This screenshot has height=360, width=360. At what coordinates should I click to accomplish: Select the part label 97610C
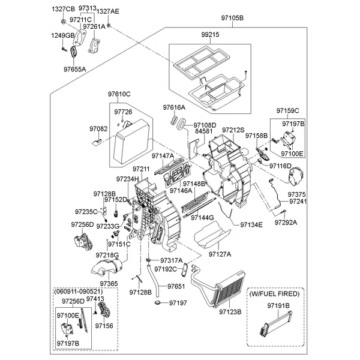pos(119,94)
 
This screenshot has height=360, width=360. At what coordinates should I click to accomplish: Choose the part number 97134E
pos(251,224)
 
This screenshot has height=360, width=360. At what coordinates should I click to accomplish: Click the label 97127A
pos(220,254)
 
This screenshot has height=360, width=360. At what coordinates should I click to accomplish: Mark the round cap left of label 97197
pos(158,304)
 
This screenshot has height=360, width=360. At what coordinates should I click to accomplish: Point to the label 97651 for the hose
pos(176,286)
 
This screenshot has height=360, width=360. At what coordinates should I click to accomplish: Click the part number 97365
pos(109,283)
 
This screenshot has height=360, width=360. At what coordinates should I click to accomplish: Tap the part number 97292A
pos(286,222)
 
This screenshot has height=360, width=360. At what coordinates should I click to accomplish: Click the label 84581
pos(203,131)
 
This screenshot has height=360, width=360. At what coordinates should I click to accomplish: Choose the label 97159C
pos(287,111)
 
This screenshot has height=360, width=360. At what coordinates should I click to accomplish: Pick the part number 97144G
pos(203,217)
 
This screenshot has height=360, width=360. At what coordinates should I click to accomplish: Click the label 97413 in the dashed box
pos(95,298)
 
